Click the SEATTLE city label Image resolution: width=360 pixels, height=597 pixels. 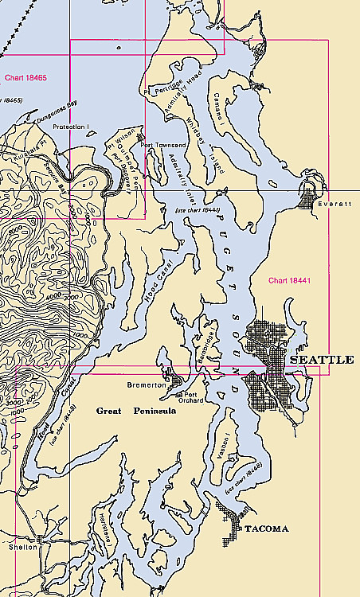pyautogui.click(x=322, y=361)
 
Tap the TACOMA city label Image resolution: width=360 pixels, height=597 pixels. pyautogui.click(x=265, y=529)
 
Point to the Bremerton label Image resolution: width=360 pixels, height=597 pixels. pyautogui.click(x=145, y=384)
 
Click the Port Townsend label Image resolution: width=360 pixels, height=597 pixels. pyautogui.click(x=164, y=146)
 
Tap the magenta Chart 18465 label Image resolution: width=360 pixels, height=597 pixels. pyautogui.click(x=25, y=78)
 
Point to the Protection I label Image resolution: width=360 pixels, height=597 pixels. pyautogui.click(x=70, y=127)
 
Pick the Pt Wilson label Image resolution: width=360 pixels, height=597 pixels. pyautogui.click(x=116, y=143)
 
